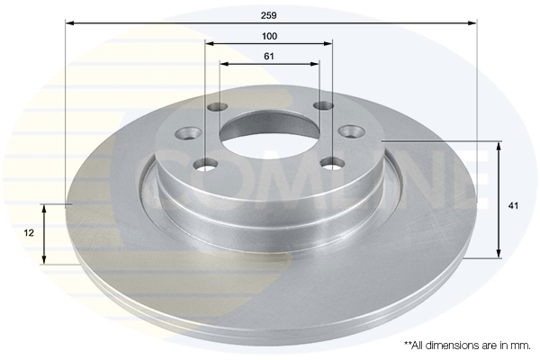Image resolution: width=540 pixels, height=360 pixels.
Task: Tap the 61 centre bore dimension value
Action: coord(269,56)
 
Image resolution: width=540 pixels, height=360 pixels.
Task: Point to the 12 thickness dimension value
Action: coord(29,232)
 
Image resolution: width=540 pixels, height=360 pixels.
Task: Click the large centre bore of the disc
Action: coord(269,136)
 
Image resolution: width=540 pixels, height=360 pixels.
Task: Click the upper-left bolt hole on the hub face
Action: coord(217,108)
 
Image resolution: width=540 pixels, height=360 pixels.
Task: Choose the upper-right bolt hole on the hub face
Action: coord(321,106)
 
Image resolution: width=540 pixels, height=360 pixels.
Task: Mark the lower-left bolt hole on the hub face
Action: coord(207,165)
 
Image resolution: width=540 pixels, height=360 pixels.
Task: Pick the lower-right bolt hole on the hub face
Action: coord(334,163)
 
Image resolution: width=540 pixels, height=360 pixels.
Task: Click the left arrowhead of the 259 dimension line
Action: coord(69,23)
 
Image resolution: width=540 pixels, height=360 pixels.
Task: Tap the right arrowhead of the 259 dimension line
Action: coord(472,23)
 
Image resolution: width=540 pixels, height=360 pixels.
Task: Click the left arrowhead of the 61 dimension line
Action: coord(223,64)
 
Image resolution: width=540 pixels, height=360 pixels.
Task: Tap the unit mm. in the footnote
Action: coord(521,345)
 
